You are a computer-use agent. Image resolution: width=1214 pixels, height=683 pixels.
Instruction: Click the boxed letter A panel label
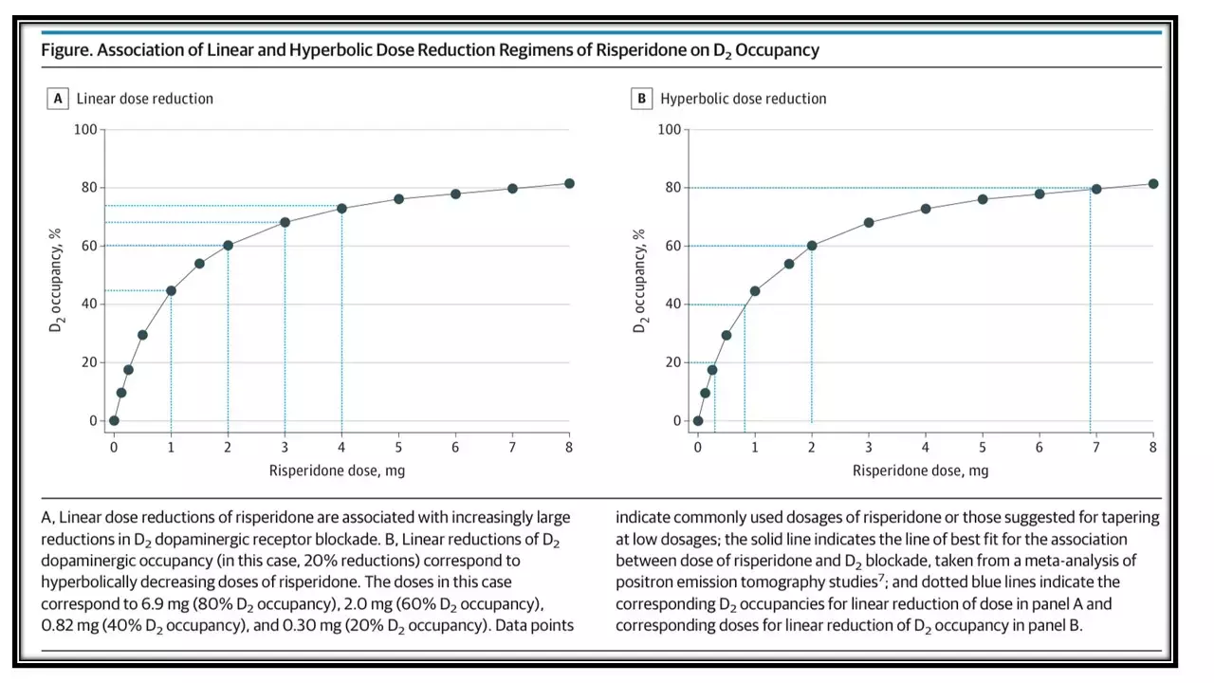tap(58, 99)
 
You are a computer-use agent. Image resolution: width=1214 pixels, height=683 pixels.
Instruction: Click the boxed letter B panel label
tap(642, 99)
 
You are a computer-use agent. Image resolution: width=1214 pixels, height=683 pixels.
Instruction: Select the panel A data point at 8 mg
tap(569, 183)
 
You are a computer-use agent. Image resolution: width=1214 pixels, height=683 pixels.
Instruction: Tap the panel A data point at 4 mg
tap(341, 208)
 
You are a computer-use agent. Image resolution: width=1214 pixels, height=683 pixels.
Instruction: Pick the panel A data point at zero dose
tap(114, 420)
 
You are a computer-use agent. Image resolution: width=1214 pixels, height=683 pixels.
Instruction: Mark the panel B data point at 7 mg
tap(1096, 189)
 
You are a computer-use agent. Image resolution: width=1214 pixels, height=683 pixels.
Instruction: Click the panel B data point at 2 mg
tap(812, 246)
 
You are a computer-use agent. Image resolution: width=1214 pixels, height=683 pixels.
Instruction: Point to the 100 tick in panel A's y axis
tap(85, 129)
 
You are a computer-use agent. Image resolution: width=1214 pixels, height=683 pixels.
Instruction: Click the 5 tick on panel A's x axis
tap(398, 447)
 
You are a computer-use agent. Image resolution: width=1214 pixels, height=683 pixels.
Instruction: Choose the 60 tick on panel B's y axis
tap(671, 246)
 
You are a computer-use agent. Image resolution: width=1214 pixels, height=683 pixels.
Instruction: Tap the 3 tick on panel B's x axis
tap(869, 447)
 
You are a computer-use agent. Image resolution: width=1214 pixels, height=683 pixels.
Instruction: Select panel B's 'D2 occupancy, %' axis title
tap(639, 280)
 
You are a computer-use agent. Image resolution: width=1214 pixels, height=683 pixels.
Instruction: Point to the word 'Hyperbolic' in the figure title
tap(309, 50)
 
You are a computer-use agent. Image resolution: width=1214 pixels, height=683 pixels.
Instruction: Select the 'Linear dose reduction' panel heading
tap(145, 99)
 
